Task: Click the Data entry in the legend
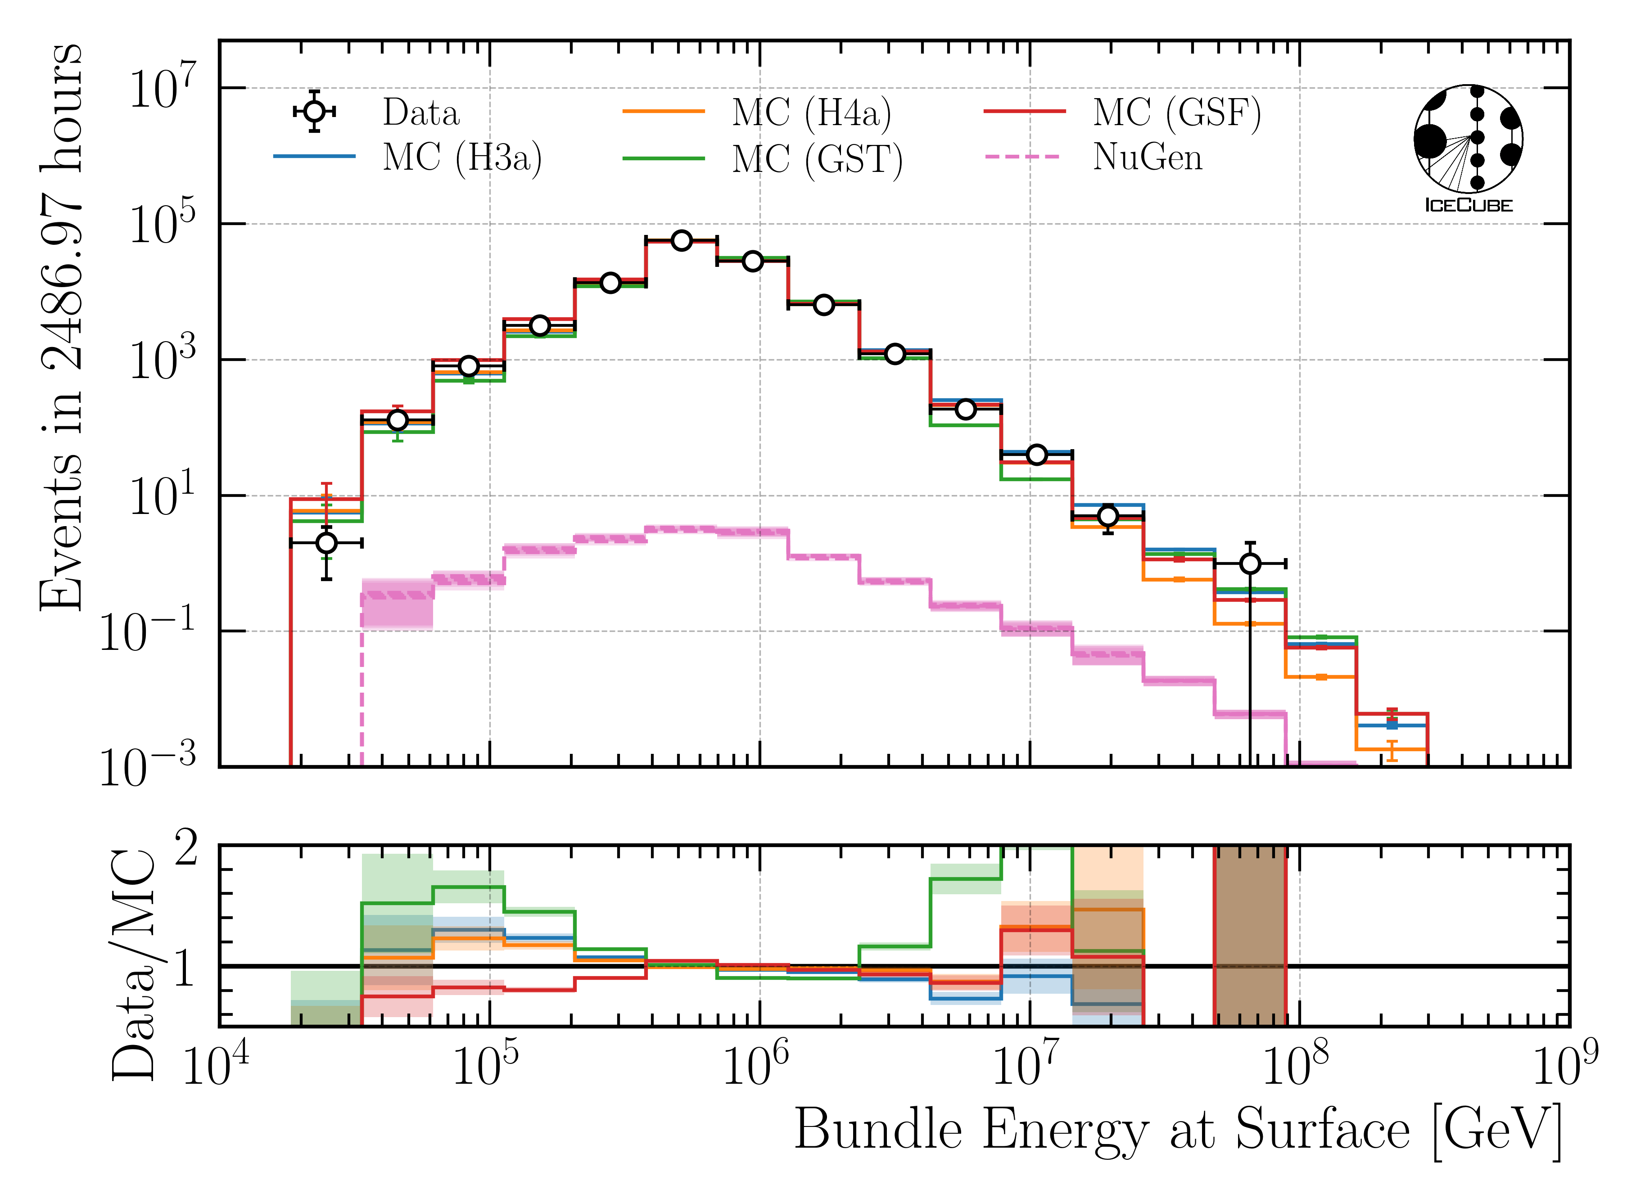tap(421, 113)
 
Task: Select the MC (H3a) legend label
tap(462, 157)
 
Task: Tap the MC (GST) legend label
tap(817, 159)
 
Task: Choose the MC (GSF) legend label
tap(1176, 113)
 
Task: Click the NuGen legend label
tap(1147, 157)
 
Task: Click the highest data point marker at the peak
tap(681, 240)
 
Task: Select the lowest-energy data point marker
tap(326, 542)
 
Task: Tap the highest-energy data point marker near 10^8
tap(1250, 563)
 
